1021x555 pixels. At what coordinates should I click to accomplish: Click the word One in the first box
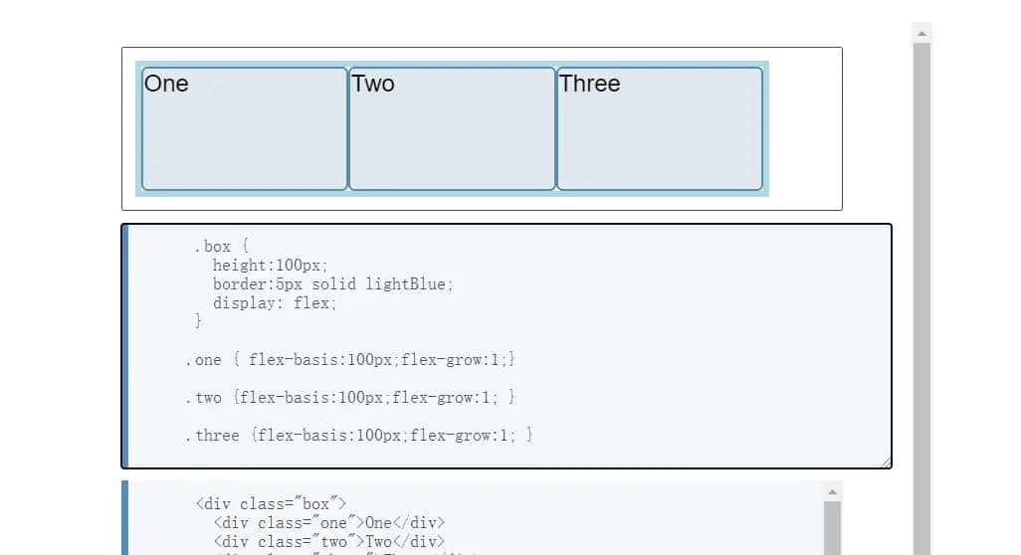pyautogui.click(x=166, y=84)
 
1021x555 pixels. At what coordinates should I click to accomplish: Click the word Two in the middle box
pyautogui.click(x=373, y=84)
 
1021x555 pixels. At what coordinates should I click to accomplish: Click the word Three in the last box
pyautogui.click(x=589, y=84)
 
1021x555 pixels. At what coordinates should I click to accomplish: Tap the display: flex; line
pyautogui.click(x=275, y=303)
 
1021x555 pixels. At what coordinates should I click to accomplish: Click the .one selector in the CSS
pyautogui.click(x=203, y=359)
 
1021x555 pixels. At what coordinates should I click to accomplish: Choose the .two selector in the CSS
pyautogui.click(x=203, y=397)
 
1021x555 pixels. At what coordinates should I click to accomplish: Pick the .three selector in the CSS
pyautogui.click(x=212, y=435)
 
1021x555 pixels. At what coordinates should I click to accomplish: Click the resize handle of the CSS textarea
pyautogui.click(x=886, y=462)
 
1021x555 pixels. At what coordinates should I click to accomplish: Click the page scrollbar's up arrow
pyautogui.click(x=921, y=33)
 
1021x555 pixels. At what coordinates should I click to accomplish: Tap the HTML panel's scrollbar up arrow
pyautogui.click(x=833, y=491)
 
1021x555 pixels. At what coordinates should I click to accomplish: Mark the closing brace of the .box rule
pyautogui.click(x=198, y=321)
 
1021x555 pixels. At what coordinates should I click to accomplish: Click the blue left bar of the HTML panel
pyautogui.click(x=124, y=517)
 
